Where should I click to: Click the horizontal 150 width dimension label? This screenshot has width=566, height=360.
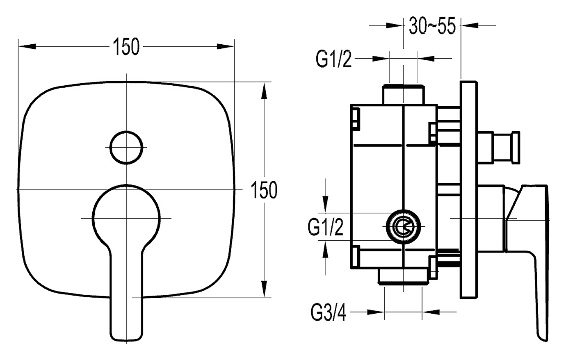point(126,47)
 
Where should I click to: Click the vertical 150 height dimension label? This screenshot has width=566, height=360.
point(264,190)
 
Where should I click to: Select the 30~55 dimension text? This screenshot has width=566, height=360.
point(432,26)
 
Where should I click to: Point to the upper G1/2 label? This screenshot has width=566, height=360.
point(333,59)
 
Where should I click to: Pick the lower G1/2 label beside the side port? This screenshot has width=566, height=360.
point(326,227)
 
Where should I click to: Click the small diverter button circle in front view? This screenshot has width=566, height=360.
point(126,148)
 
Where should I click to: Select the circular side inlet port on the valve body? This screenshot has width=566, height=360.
point(403,227)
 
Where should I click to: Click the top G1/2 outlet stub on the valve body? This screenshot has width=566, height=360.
point(403,95)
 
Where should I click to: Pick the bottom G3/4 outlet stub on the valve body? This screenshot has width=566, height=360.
point(403,277)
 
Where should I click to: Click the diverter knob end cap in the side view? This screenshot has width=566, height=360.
point(516,148)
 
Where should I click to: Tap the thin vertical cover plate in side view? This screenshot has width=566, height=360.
point(469,190)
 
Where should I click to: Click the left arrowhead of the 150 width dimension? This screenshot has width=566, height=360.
point(27,46)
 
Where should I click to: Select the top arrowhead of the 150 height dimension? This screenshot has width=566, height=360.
point(264,91)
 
